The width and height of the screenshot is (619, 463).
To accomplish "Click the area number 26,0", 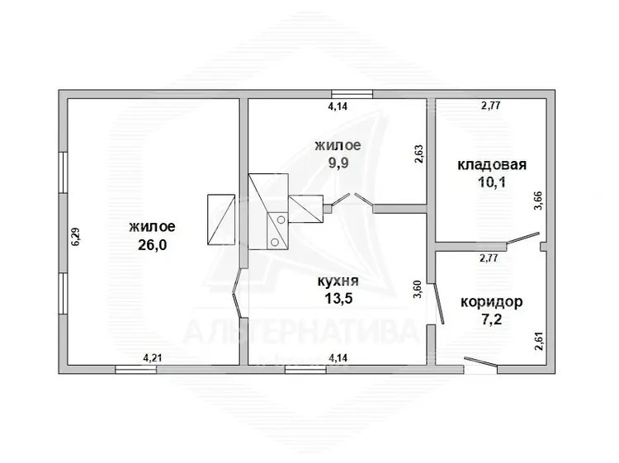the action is (152, 245).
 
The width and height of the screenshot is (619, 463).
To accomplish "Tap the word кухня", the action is (338, 281).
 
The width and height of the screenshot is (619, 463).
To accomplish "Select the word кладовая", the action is (492, 164).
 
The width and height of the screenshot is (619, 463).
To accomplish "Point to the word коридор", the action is (492, 302).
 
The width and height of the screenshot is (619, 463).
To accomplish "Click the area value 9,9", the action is (338, 163).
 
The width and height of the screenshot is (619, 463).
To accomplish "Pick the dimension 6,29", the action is (75, 237).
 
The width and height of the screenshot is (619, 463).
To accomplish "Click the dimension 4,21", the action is (153, 358).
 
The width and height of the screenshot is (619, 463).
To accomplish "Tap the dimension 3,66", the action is (538, 201).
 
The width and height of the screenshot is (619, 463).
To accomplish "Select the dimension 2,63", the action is (418, 154).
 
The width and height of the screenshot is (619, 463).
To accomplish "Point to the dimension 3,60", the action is (418, 289).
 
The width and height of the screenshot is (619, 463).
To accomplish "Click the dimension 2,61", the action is (538, 341).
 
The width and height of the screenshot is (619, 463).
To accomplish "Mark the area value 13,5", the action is (338, 299).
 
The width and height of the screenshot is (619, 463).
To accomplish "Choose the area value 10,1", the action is (492, 182).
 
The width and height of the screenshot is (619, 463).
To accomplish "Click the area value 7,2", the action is (492, 319).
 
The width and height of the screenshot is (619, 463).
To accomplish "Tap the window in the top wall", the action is (352, 94).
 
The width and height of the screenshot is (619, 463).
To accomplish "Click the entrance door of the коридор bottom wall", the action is (480, 362).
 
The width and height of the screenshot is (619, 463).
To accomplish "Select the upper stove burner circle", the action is (281, 220).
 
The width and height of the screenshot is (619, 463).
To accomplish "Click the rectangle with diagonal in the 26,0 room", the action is (221, 220).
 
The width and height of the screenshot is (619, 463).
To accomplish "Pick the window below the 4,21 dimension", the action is (136, 370).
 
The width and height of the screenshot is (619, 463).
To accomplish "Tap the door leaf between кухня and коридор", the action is (439, 303).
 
